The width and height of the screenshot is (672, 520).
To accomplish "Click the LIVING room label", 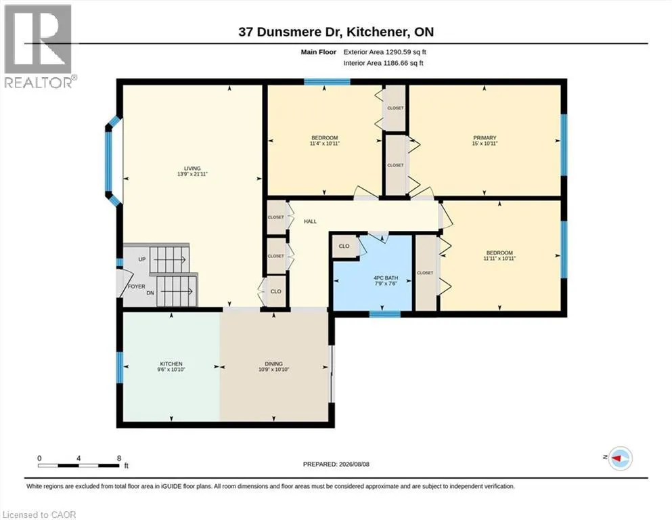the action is [x=192, y=169].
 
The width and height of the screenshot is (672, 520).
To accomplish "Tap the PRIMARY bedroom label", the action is [x=485, y=137].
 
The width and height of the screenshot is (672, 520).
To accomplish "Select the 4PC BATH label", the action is [x=386, y=278].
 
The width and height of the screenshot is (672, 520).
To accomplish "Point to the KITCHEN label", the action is [x=171, y=364].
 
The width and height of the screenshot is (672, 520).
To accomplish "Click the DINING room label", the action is [x=274, y=364].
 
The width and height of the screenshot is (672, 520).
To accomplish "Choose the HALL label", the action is [x=311, y=221].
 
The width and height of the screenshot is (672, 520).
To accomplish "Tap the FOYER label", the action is [x=136, y=286].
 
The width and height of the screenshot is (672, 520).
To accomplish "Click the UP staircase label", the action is [x=142, y=259].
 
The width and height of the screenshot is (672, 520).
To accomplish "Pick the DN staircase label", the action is [x=150, y=292].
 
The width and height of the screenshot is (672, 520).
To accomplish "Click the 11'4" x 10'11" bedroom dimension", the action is [x=324, y=144].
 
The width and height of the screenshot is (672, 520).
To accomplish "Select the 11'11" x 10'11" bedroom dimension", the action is [x=499, y=259].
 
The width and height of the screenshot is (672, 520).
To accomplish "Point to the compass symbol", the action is [x=621, y=458].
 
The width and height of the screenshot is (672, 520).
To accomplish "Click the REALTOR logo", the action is [x=39, y=46].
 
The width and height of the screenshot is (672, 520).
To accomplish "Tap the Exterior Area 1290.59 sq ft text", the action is [x=384, y=52].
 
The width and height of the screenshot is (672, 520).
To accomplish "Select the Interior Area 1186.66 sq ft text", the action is [x=383, y=63].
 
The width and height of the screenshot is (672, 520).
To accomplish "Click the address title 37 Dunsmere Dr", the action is [x=290, y=32].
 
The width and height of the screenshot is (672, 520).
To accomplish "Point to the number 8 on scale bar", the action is [x=119, y=458].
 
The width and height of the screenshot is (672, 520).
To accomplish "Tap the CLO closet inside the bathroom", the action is [x=344, y=246].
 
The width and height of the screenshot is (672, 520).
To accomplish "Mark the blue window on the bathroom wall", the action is [x=385, y=314].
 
